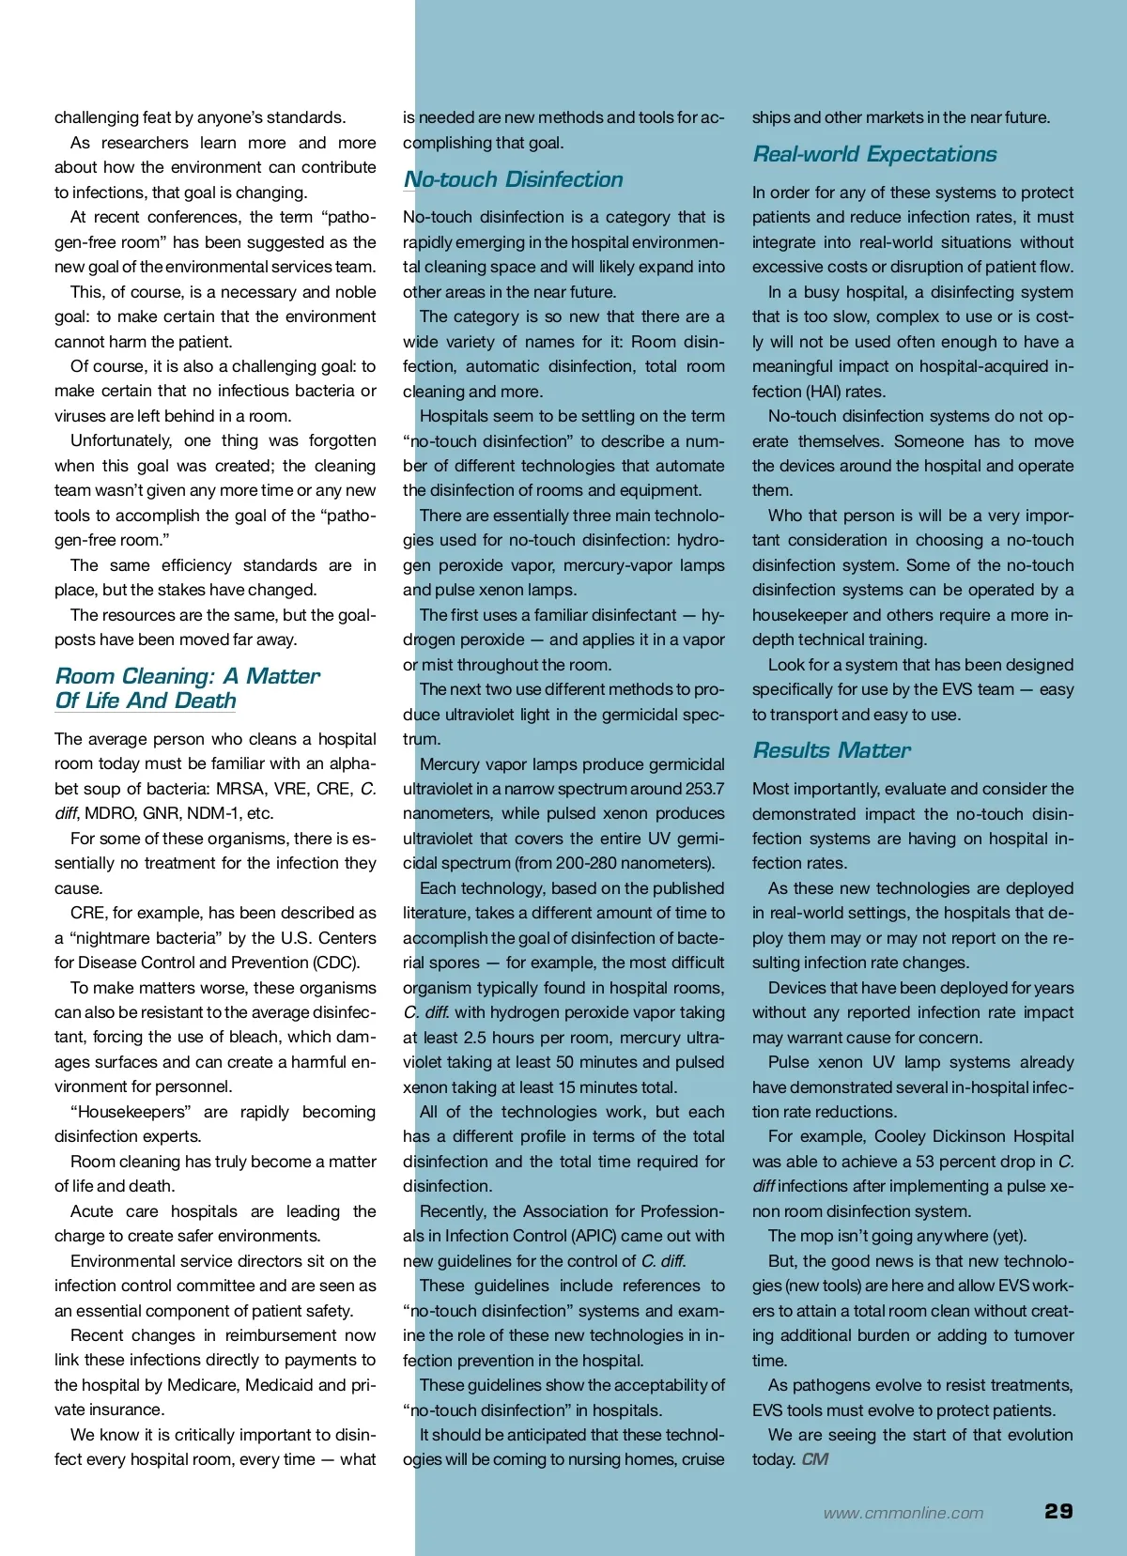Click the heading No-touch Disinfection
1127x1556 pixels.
point(513,179)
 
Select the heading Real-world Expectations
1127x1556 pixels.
point(874,154)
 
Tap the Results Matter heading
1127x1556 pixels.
point(831,750)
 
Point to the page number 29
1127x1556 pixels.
point(1058,1511)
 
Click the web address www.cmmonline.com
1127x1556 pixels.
point(903,1513)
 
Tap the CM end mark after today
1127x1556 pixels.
point(815,1459)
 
